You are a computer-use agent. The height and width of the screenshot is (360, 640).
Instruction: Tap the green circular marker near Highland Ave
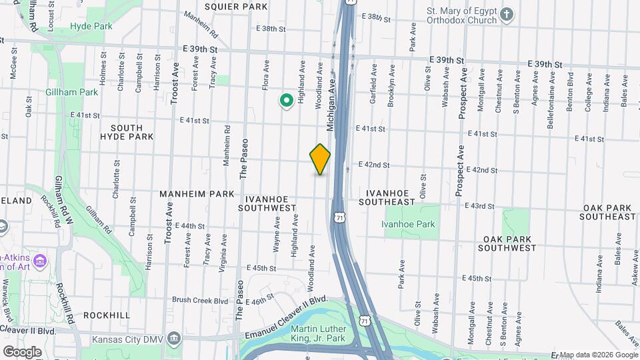click(x=286, y=101)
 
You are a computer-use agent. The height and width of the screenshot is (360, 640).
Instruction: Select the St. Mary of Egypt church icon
click(x=507, y=14)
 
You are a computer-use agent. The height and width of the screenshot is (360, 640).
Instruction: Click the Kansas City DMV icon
click(x=174, y=337)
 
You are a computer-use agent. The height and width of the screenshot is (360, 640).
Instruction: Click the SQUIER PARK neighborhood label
click(x=227, y=7)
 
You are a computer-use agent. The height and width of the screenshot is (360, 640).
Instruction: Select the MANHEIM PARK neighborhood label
click(x=197, y=194)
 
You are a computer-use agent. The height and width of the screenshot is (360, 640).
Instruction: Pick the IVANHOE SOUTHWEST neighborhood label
click(x=270, y=203)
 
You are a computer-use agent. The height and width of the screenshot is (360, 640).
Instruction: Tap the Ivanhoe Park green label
click(x=408, y=225)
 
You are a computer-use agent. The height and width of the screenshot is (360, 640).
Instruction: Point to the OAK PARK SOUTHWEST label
click(x=509, y=243)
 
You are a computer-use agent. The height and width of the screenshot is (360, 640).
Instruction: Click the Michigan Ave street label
click(x=330, y=105)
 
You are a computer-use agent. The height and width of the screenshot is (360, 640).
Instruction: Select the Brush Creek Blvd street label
click(x=200, y=301)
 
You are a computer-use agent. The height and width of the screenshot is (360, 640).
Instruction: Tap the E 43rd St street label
click(x=479, y=206)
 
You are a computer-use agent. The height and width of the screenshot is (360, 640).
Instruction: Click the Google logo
click(x=23, y=351)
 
